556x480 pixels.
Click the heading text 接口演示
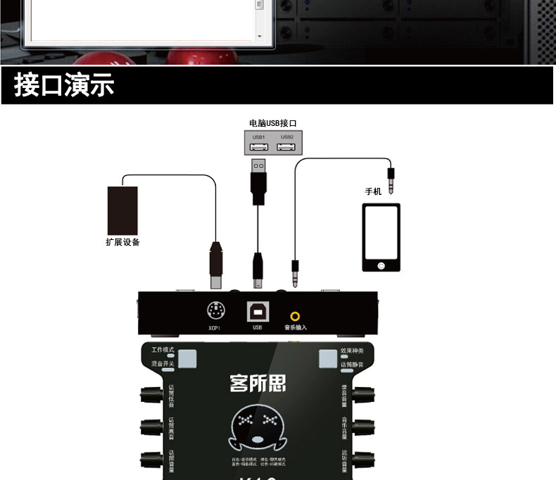[64, 86]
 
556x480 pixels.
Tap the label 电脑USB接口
[272, 123]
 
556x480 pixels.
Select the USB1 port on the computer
[258, 146]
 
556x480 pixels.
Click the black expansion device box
[122, 210]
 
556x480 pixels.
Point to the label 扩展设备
[122, 243]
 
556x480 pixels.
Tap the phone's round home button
[381, 265]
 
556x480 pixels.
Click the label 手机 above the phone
[373, 191]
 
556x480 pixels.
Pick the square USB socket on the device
[256, 310]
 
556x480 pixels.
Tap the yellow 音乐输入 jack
[295, 316]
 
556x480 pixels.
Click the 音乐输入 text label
[296, 327]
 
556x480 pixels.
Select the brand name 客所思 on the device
[258, 384]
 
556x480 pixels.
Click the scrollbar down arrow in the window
[259, 36]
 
